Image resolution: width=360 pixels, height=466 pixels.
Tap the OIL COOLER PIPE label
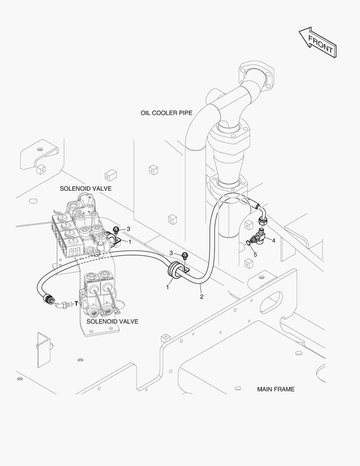[x=166, y=113]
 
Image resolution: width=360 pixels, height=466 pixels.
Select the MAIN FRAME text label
[x=275, y=389]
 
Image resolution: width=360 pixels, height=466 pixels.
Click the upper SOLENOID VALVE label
[x=85, y=189]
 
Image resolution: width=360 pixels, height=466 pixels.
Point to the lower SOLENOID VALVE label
[x=113, y=321]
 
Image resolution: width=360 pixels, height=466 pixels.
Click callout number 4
[x=273, y=240]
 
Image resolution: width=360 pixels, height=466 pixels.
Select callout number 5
[x=255, y=255]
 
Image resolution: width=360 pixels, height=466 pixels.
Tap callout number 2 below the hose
[x=201, y=296]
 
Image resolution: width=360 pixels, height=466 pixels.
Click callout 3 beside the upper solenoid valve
[x=128, y=229]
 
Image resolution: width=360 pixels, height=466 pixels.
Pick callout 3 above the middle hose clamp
[x=172, y=253]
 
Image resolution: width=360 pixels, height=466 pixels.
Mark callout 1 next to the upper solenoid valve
[x=130, y=242]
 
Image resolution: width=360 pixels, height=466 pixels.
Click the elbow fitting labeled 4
[x=260, y=235]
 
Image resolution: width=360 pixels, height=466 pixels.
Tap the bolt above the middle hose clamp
[x=184, y=256]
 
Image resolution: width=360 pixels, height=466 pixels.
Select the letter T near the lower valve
[x=76, y=304]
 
